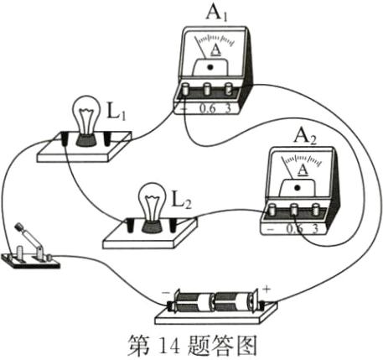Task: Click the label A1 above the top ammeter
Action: (216, 13)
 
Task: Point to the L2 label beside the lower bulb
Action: (181, 200)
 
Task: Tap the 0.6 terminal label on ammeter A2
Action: (294, 228)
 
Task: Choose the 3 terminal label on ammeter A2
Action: (314, 228)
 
